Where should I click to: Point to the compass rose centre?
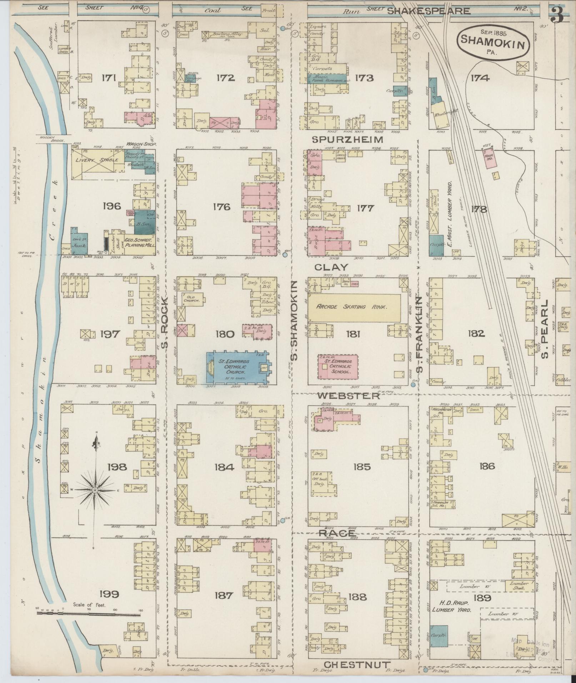pos(95,491)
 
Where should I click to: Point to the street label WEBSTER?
pos(348,396)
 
